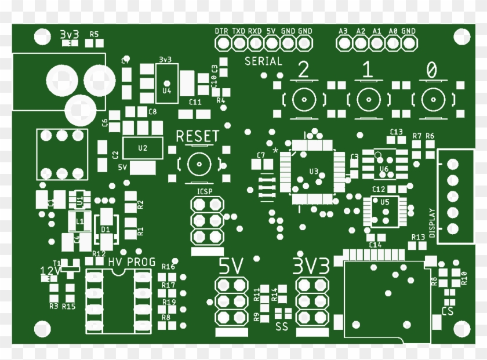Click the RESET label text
(x=198, y=137)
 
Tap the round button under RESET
(x=199, y=165)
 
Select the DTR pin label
(x=221, y=31)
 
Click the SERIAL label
(x=263, y=61)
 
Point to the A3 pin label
(x=343, y=31)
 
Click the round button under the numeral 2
(x=303, y=100)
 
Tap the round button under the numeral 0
(x=430, y=100)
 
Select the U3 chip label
(x=314, y=171)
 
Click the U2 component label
(x=143, y=148)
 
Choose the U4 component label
(x=167, y=90)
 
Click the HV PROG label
(x=132, y=262)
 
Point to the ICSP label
(x=205, y=191)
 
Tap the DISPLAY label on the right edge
(x=431, y=223)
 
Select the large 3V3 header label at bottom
(x=311, y=266)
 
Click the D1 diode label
(x=105, y=230)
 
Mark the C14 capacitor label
(x=375, y=245)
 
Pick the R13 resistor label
(x=418, y=238)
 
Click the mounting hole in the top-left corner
(x=41, y=37)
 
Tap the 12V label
(x=50, y=271)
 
